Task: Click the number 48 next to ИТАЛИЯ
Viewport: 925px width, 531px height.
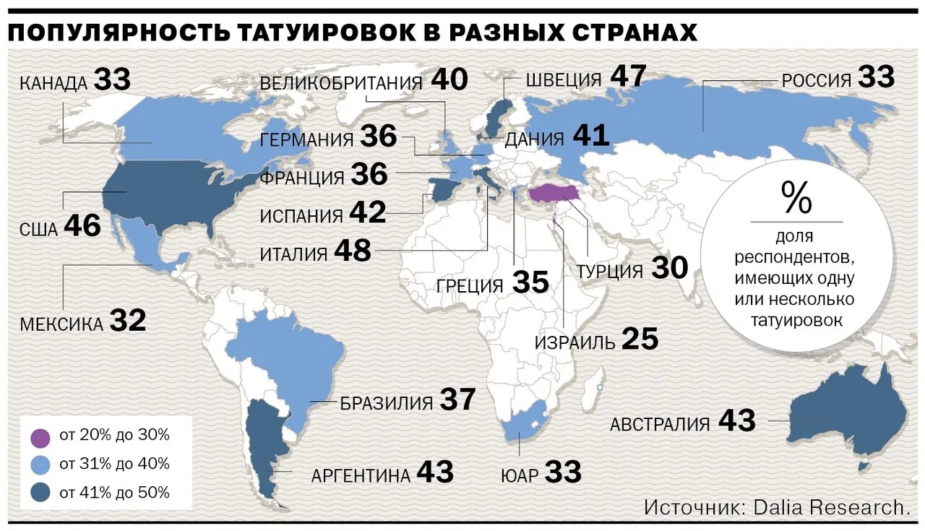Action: pos(352,251)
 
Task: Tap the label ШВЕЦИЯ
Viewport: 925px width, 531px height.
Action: pos(563,79)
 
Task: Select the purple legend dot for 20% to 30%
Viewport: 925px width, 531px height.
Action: pos(40,436)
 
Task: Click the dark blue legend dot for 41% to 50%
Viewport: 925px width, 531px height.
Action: pos(40,493)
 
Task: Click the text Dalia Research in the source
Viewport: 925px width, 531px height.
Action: pos(832,506)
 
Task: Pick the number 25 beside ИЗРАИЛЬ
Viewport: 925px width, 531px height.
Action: pos(640,340)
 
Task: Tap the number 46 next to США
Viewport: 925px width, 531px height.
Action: pos(82,227)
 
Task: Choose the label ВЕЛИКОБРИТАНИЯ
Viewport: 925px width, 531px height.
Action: pos(340,83)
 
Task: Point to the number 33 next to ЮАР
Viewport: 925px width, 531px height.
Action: pos(563,472)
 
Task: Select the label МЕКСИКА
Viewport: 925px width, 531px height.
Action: pos(61,324)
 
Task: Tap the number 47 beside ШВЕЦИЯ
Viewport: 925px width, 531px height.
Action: pos(627,76)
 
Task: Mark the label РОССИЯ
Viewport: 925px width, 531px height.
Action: pos(817,80)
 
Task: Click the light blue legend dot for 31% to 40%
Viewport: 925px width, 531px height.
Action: pos(40,465)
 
